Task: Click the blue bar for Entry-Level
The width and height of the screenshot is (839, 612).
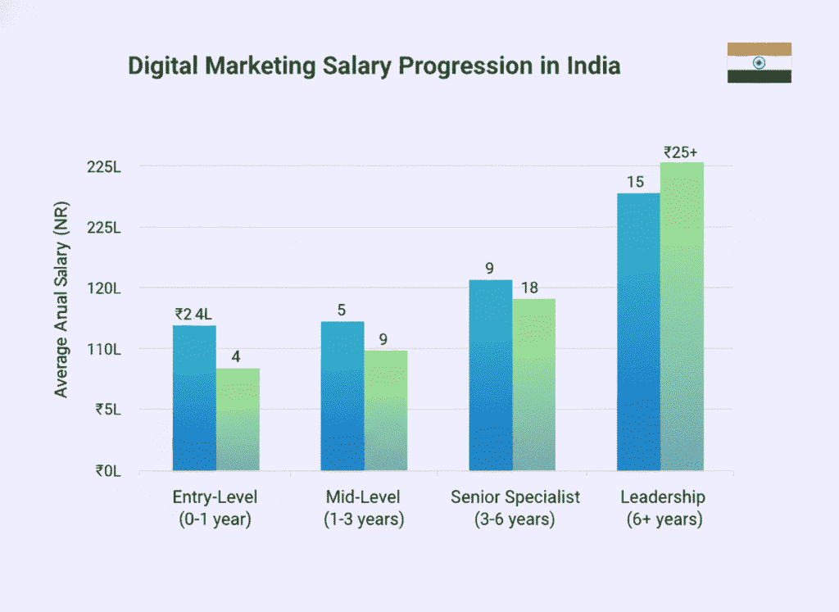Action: click(194, 398)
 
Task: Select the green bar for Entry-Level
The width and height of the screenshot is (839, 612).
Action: click(238, 419)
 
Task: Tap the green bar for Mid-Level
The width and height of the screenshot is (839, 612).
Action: click(386, 410)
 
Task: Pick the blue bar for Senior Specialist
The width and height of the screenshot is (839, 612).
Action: click(491, 375)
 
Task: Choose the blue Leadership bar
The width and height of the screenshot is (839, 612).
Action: click(638, 332)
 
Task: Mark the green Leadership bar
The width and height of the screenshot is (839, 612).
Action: click(682, 316)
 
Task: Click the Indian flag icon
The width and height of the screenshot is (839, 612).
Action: click(759, 62)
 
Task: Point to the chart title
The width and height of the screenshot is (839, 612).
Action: click(374, 66)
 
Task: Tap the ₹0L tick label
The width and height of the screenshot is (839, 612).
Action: click(108, 471)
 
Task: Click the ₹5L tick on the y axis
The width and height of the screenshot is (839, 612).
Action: click(108, 410)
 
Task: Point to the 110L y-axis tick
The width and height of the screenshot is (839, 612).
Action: click(104, 349)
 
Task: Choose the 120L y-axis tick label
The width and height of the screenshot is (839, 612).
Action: click(104, 288)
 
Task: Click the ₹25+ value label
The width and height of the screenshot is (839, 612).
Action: click(680, 152)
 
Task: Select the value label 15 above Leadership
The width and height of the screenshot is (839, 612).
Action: click(636, 182)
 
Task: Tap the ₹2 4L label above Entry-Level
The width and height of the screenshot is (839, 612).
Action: click(193, 314)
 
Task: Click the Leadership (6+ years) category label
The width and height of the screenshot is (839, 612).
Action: click(663, 508)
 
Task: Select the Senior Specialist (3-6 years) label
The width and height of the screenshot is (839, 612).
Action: click(515, 508)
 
